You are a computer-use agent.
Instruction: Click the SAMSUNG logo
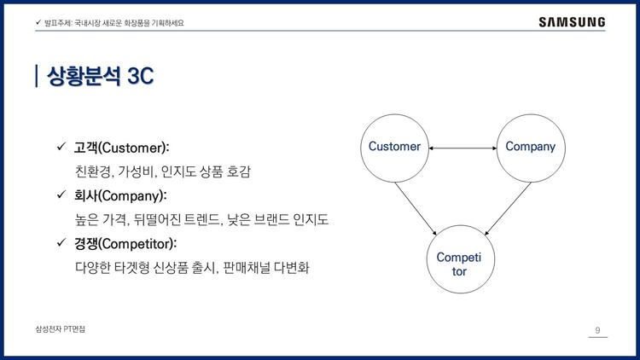pyautogui.click(x=572, y=22)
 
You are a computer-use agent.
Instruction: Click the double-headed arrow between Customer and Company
pyautogui.click(x=463, y=148)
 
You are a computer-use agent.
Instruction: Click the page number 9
pyautogui.click(x=597, y=331)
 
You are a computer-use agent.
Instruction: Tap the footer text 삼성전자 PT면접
pyautogui.click(x=61, y=329)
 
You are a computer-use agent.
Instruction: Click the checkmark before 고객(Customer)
pyautogui.click(x=61, y=148)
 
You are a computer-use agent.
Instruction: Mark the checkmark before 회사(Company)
pyautogui.click(x=61, y=195)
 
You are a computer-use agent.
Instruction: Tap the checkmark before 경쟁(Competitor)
pyautogui.click(x=61, y=243)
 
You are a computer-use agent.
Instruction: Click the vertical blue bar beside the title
pyautogui.click(x=37, y=76)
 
